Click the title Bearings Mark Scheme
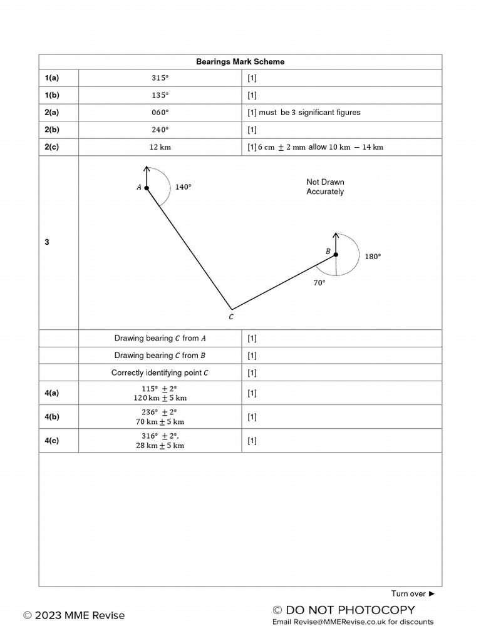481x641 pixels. tap(240, 61)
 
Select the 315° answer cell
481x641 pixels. tap(160, 78)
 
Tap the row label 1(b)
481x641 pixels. tap(52, 95)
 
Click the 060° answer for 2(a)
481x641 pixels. tap(160, 113)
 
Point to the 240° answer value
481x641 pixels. tap(160, 130)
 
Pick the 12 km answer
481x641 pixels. tap(160, 147)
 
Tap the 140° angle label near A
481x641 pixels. tap(183, 187)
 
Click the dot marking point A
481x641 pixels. tap(147, 188)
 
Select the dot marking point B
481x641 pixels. tap(336, 255)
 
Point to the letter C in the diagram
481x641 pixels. tap(231, 317)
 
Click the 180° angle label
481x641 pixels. tap(373, 257)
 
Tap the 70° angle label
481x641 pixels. tap(319, 283)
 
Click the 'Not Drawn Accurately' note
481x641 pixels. tap(325, 187)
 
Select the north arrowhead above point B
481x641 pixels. tap(336, 236)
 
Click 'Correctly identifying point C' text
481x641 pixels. tap(160, 372)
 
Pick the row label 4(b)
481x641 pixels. tap(52, 417)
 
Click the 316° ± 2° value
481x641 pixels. tap(160, 436)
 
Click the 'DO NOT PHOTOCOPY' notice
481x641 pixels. tap(344, 610)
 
